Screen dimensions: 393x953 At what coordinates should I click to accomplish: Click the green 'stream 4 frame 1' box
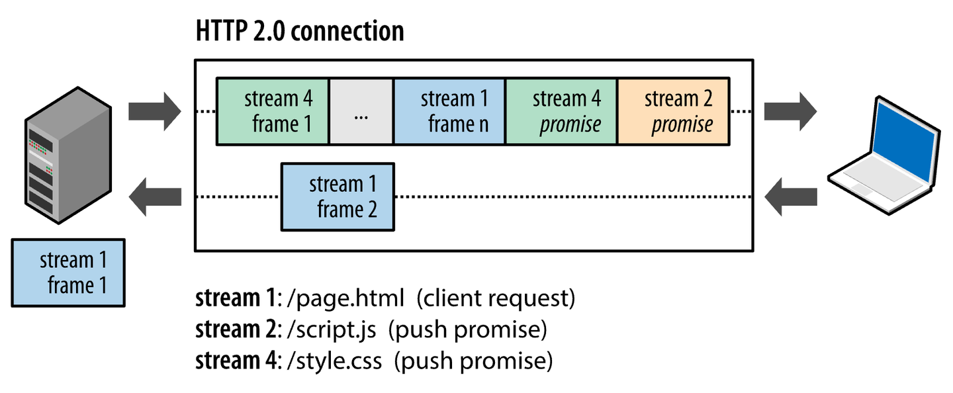[273, 111]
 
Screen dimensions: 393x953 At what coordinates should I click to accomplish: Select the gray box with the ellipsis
[361, 111]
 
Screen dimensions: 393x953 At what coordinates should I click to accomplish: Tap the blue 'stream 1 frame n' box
[449, 111]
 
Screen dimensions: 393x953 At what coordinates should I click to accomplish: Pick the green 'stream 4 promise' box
[561, 111]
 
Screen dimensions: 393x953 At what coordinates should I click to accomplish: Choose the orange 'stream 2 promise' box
[674, 111]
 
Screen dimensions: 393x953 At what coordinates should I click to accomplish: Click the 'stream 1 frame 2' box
[338, 196]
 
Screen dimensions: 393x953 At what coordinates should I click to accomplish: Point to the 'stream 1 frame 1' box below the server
[68, 273]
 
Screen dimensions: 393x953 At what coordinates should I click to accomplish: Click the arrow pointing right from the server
[154, 111]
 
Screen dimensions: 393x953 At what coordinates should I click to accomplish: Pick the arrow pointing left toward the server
[154, 196]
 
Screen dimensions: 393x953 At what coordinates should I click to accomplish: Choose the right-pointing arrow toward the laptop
[790, 111]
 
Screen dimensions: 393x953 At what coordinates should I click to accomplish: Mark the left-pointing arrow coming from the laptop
[790, 196]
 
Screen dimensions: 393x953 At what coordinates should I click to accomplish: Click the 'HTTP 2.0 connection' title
[299, 31]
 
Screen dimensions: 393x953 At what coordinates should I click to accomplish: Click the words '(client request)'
[496, 298]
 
